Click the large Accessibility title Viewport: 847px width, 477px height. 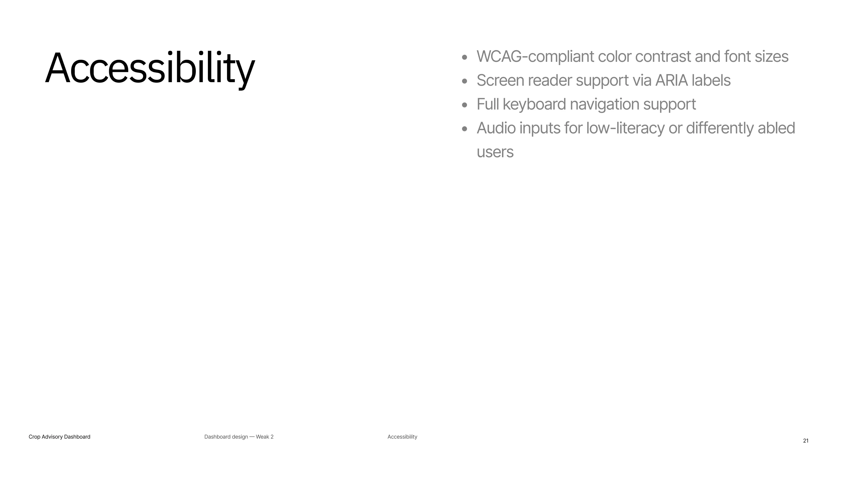(x=150, y=69)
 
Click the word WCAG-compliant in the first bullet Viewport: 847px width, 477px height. (x=535, y=57)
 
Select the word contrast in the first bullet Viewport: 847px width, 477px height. (x=663, y=56)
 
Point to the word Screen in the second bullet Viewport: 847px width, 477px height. (x=500, y=80)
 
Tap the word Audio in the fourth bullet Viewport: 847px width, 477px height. (x=496, y=128)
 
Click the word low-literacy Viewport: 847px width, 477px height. (x=625, y=128)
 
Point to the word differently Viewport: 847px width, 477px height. (x=720, y=128)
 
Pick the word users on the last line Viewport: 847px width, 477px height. (x=495, y=153)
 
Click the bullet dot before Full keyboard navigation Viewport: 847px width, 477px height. (x=465, y=105)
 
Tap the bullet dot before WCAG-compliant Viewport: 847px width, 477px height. (x=465, y=57)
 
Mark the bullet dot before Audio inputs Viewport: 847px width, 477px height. (x=465, y=129)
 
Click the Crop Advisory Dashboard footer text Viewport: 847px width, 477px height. (x=59, y=437)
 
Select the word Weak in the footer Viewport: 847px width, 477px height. (x=262, y=437)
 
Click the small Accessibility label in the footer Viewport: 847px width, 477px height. (x=402, y=437)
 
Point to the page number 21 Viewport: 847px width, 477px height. (x=806, y=441)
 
